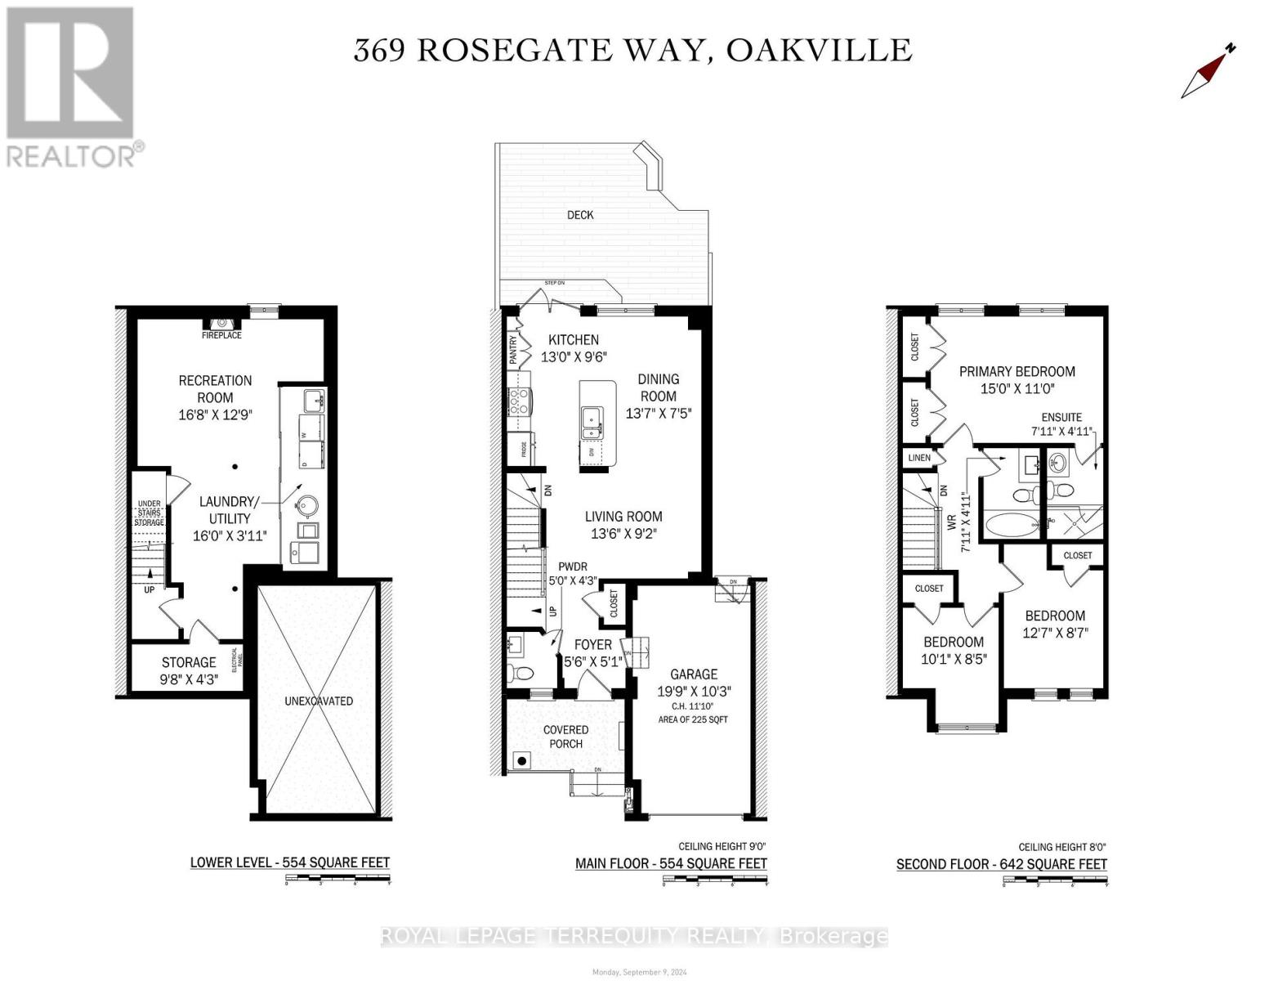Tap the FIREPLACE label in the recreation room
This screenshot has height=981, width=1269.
coord(221,335)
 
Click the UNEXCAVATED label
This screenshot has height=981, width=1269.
coord(319,701)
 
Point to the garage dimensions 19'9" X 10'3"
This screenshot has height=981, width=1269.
coord(694,691)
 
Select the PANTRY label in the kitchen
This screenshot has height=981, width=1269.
coord(513,350)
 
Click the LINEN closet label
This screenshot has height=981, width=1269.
coord(919,458)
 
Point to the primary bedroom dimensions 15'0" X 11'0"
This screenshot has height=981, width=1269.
coord(1017,389)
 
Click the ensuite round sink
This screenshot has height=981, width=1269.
coord(1058,464)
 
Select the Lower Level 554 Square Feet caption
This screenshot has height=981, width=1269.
coord(289,862)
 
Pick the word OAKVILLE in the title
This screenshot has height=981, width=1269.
coord(819,50)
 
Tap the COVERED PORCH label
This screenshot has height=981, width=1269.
coord(565,737)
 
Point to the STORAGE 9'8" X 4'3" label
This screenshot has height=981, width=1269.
coord(189,670)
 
